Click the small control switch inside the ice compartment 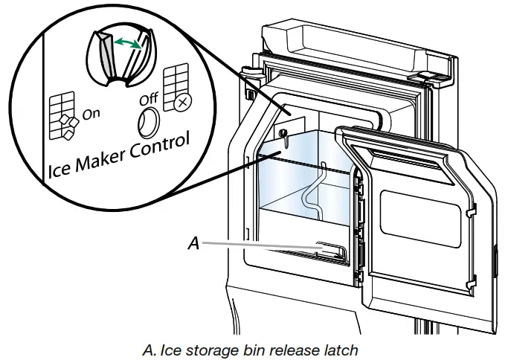[286, 133]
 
